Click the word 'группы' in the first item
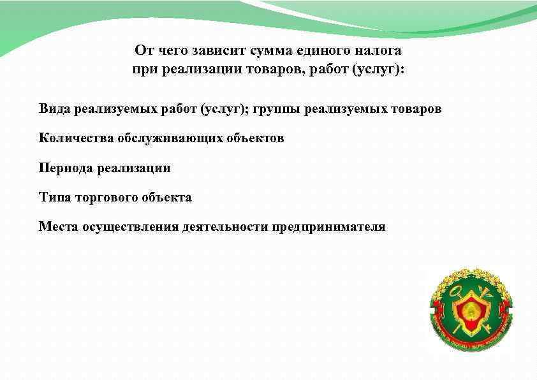[x=277, y=109]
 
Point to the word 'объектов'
[x=253, y=138]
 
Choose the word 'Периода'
[x=66, y=168]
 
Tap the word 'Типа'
[x=54, y=198]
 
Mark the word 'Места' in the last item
[x=58, y=227]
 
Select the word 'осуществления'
[x=130, y=227]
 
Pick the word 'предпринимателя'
[x=329, y=227]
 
